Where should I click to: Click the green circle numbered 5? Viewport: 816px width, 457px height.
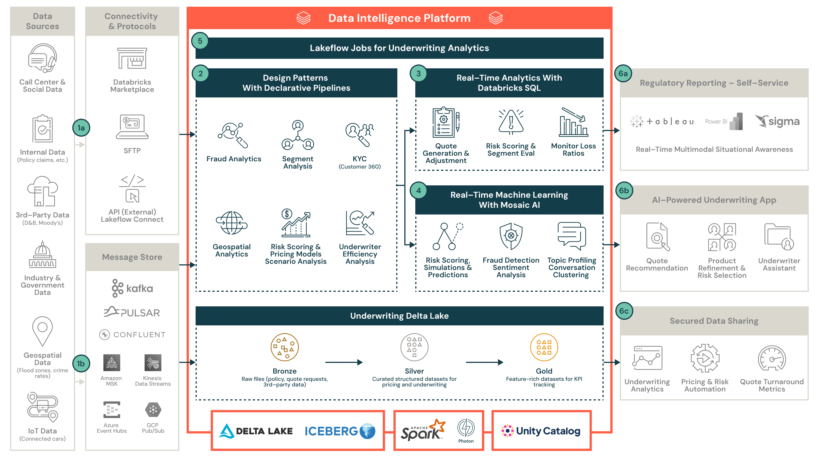pos(200,41)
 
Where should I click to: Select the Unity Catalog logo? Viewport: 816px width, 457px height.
pos(541,431)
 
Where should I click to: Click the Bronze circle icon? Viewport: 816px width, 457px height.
pos(284,347)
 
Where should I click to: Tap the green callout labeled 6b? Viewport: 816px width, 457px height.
pos(624,190)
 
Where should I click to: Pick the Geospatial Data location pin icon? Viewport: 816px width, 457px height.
pos(42,330)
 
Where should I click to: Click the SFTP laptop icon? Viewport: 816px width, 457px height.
pos(132,127)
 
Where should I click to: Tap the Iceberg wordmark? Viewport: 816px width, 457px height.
pos(331,431)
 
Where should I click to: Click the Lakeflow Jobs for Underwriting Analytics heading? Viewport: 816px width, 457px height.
pos(399,48)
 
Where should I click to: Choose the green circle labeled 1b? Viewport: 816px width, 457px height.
pos(81,363)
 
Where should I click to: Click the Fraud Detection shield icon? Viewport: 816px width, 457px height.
pos(511,236)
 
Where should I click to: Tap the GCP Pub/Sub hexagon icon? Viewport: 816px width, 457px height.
pos(153,410)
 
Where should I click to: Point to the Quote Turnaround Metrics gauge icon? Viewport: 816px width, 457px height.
pos(772,359)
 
